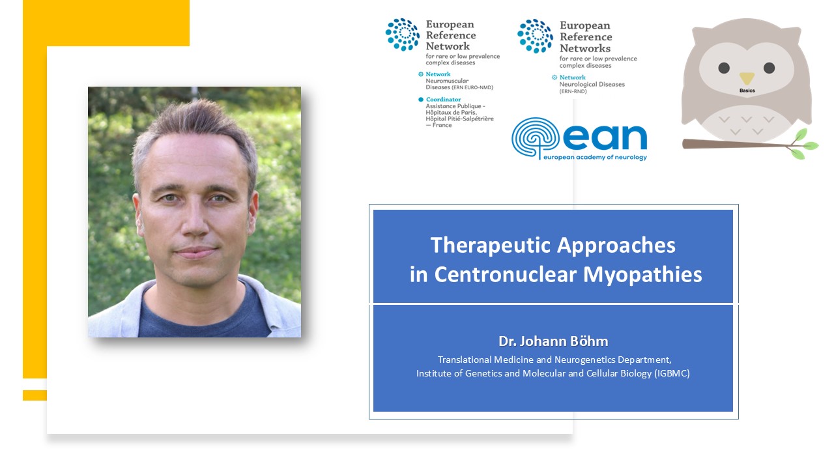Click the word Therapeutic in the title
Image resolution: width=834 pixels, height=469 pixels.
[x=491, y=246]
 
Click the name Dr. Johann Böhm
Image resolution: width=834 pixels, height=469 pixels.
[x=553, y=341]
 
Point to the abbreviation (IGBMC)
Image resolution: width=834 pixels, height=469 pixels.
[x=672, y=373]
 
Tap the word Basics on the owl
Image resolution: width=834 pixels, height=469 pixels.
[x=747, y=91]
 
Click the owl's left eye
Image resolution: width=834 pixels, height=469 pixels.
[x=724, y=68]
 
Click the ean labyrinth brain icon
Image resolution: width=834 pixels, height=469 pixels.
[x=535, y=137]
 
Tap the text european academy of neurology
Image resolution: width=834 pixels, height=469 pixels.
[x=595, y=157]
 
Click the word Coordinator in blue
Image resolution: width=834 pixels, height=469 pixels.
[x=443, y=100]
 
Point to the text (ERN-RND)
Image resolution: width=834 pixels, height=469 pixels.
[x=573, y=91]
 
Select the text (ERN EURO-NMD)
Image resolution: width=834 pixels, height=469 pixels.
[x=472, y=87]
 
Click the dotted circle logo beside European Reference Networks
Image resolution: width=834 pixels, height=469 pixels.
[x=535, y=36]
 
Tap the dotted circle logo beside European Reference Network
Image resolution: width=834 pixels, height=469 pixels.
[x=403, y=35]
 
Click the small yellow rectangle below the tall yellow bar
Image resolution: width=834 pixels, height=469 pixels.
[x=35, y=395]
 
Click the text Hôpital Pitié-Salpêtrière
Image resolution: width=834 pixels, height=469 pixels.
[x=459, y=119]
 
